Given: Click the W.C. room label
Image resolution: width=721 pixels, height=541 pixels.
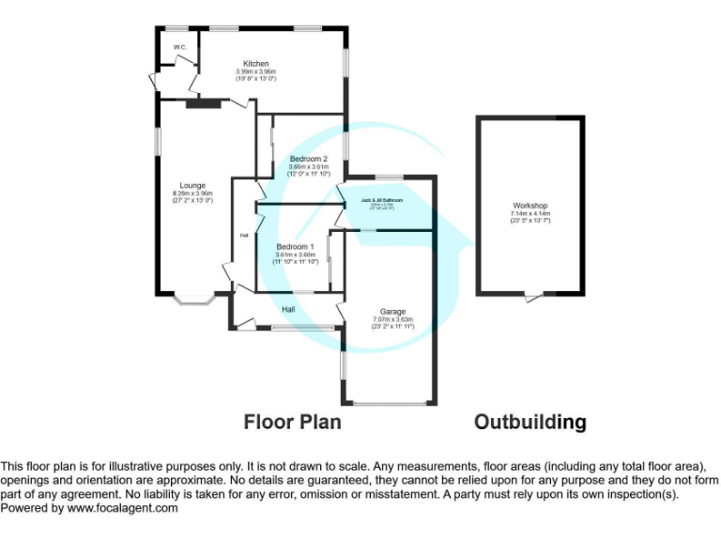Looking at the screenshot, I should pos(178,47).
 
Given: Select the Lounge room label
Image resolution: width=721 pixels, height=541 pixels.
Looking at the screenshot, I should pos(192,185).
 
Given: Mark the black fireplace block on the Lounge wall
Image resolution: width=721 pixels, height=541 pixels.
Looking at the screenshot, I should pos(201,104).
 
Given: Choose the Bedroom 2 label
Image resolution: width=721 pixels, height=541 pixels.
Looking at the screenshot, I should pos(308,159).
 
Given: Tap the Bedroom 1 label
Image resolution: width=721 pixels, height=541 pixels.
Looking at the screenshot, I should pos(295,246).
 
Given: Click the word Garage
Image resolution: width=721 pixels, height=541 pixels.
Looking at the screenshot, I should pos(393,312).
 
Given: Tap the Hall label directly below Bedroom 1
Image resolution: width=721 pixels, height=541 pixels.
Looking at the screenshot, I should pos(290,308).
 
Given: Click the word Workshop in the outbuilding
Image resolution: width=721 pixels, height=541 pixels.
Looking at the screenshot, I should pos(529,206).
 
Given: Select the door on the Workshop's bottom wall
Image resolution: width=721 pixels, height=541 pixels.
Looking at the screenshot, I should pos(532,297).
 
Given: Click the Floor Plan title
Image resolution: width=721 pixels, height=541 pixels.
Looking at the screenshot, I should pos(293,422).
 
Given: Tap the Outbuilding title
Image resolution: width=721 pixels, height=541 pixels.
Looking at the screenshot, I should pos(530,422).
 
